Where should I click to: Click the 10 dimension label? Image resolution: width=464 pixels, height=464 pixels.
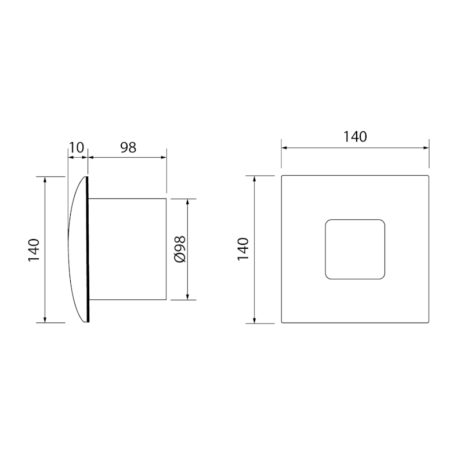click(x=77, y=147)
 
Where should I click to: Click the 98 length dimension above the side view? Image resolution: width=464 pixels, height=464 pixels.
click(x=128, y=147)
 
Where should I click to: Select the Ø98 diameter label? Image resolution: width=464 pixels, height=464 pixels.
click(x=179, y=249)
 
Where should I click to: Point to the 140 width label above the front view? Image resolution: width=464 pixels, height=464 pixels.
click(x=355, y=137)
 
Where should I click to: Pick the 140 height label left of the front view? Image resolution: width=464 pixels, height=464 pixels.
click(x=244, y=249)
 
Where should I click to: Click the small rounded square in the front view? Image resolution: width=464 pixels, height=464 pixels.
click(x=355, y=249)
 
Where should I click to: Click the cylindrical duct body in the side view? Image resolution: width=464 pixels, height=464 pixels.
click(x=129, y=249)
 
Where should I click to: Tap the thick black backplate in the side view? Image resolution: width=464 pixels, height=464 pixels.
click(x=88, y=249)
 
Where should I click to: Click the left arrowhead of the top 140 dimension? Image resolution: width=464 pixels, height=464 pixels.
click(x=284, y=147)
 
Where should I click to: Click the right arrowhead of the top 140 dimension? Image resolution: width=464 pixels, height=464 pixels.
click(x=426, y=147)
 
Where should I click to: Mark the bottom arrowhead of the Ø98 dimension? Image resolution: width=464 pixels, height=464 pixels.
click(x=188, y=297)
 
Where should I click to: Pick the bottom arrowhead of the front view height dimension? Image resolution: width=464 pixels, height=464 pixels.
click(x=255, y=320)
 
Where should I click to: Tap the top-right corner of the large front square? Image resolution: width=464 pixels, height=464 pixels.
click(x=428, y=176)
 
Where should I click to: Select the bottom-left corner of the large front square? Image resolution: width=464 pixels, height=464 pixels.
click(x=282, y=322)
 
